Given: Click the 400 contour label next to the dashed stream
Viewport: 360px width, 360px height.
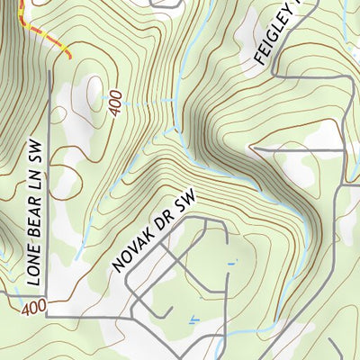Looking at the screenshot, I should click(x=114, y=102).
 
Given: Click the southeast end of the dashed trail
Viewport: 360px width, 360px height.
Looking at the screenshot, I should click(x=70, y=58).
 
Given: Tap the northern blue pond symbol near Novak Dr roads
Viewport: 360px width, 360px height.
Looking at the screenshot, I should click(x=231, y=264).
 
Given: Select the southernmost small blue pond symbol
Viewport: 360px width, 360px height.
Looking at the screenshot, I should click(x=192, y=319).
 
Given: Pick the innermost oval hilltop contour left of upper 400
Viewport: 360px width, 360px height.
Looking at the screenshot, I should click(x=93, y=90).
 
